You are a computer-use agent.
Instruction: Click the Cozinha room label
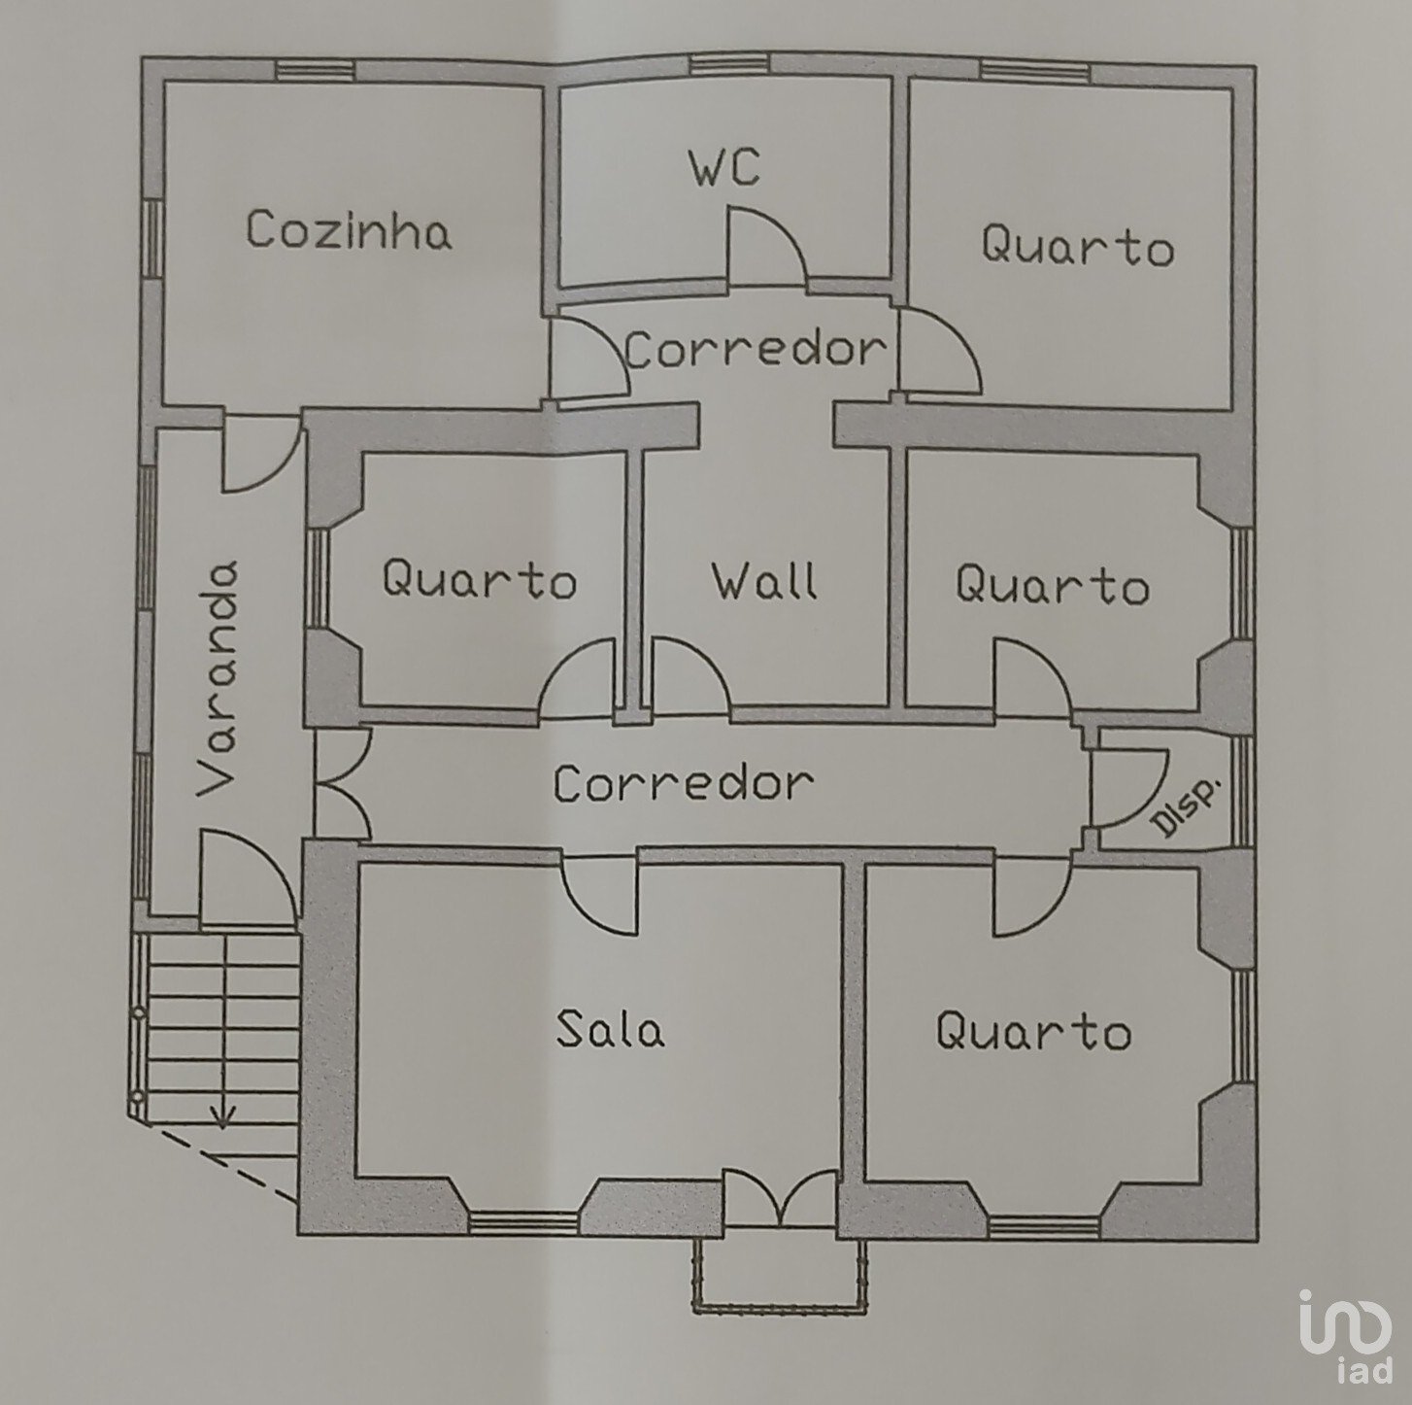tap(349, 229)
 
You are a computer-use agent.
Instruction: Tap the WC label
tap(724, 167)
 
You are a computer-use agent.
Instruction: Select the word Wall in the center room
tap(765, 581)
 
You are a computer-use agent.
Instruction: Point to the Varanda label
tap(219, 678)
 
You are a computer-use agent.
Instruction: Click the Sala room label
tap(611, 1028)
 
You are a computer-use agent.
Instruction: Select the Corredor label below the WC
tap(756, 350)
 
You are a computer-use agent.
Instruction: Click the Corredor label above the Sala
tap(683, 782)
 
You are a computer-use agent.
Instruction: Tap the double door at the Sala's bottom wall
tap(780, 1197)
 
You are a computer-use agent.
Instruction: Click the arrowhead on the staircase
tap(222, 1119)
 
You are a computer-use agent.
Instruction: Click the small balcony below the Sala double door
tap(780, 1275)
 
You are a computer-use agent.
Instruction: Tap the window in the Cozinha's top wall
tap(316, 71)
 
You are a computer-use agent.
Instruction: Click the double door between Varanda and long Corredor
tap(343, 784)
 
